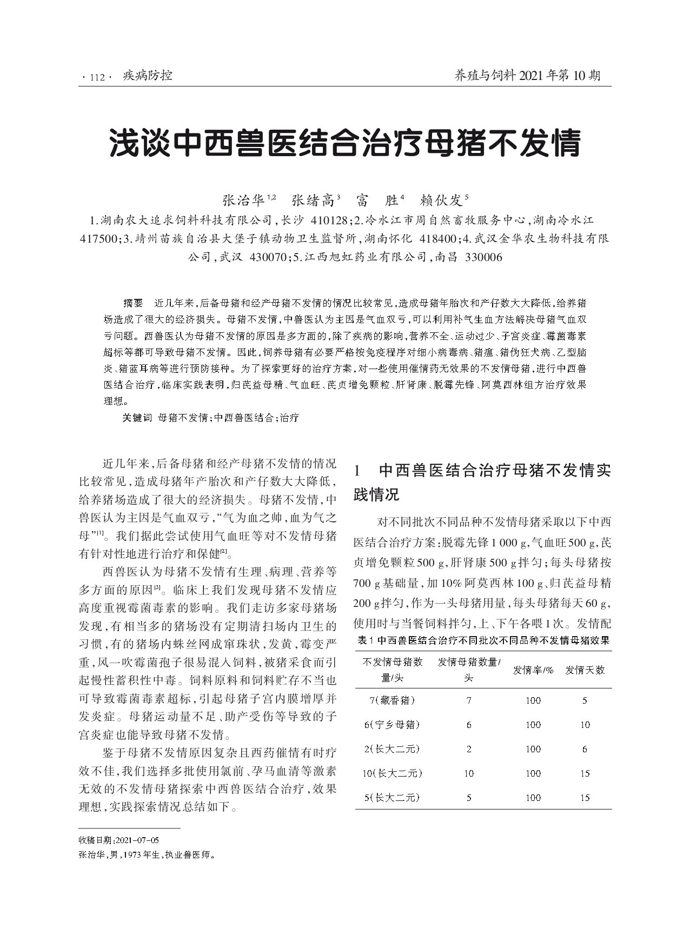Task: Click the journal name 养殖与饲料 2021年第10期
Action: (x=528, y=76)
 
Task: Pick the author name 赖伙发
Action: (x=441, y=200)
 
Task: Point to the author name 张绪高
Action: (x=313, y=200)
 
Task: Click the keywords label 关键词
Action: (x=137, y=418)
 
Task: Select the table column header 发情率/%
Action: (x=533, y=670)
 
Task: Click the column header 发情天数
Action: (x=585, y=670)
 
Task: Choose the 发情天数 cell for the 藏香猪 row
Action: (x=585, y=700)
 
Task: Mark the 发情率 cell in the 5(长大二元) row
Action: (x=533, y=798)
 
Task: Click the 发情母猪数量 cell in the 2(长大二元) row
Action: (x=468, y=749)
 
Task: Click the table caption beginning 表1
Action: (x=483, y=641)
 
